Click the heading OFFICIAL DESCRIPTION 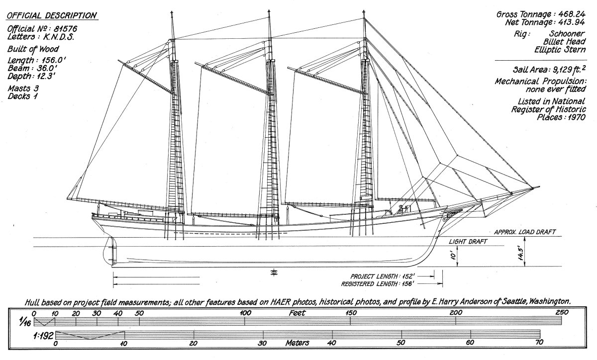point(52,16)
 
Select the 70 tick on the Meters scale point(539,343)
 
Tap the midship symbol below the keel point(273,271)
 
